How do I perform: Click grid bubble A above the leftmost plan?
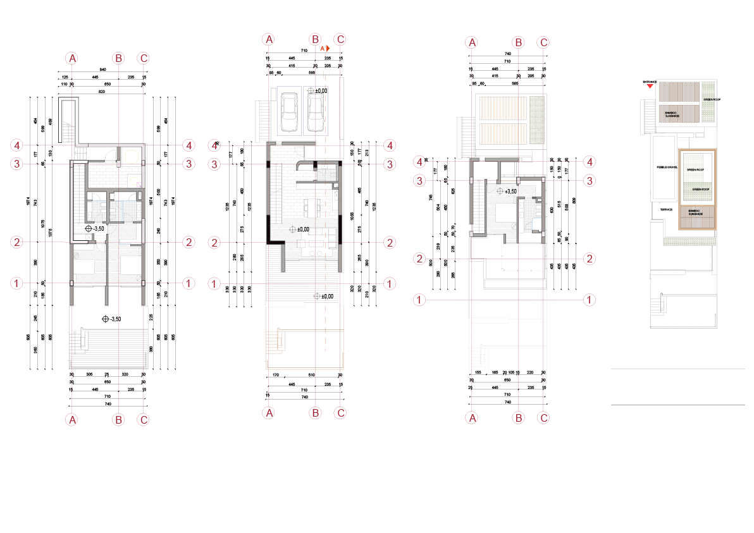(73, 58)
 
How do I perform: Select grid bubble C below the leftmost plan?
(144, 419)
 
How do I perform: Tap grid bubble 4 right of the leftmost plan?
(188, 145)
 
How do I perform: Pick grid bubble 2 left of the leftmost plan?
(17, 242)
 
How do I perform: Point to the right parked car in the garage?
(315, 113)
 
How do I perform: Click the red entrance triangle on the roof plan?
(649, 87)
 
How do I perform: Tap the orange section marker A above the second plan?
(324, 48)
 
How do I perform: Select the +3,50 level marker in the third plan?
(500, 191)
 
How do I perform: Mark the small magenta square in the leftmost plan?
(139, 184)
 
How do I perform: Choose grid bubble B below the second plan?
(315, 413)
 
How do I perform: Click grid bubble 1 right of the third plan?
(589, 300)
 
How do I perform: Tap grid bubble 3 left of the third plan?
(419, 181)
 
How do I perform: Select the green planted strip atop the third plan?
(536, 120)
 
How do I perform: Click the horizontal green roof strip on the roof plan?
(689, 241)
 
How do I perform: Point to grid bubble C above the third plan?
(543, 43)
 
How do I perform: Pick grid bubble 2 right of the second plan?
(390, 242)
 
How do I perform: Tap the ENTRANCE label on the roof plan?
(650, 82)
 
